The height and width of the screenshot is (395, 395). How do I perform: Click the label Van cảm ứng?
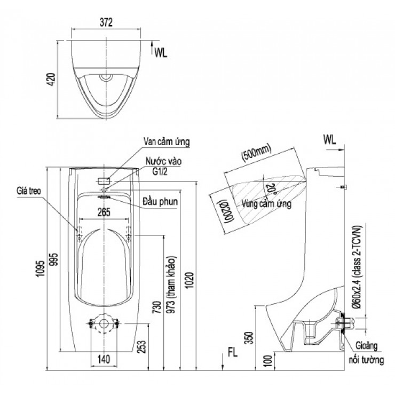166,141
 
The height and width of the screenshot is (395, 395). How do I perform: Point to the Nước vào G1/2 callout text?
163,164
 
